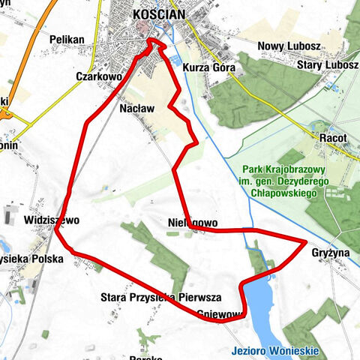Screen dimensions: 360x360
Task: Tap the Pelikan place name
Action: click(x=64, y=39)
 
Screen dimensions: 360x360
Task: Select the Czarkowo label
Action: click(x=99, y=76)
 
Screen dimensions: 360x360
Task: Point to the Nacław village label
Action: click(x=137, y=108)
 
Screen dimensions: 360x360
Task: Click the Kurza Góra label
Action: click(x=209, y=68)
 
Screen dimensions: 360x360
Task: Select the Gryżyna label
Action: click(x=331, y=253)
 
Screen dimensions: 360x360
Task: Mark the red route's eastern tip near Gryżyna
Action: click(x=306, y=241)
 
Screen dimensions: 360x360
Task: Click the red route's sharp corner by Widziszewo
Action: click(x=56, y=231)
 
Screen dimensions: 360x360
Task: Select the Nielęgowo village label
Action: click(x=193, y=223)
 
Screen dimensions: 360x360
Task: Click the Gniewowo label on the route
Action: click(x=220, y=313)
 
